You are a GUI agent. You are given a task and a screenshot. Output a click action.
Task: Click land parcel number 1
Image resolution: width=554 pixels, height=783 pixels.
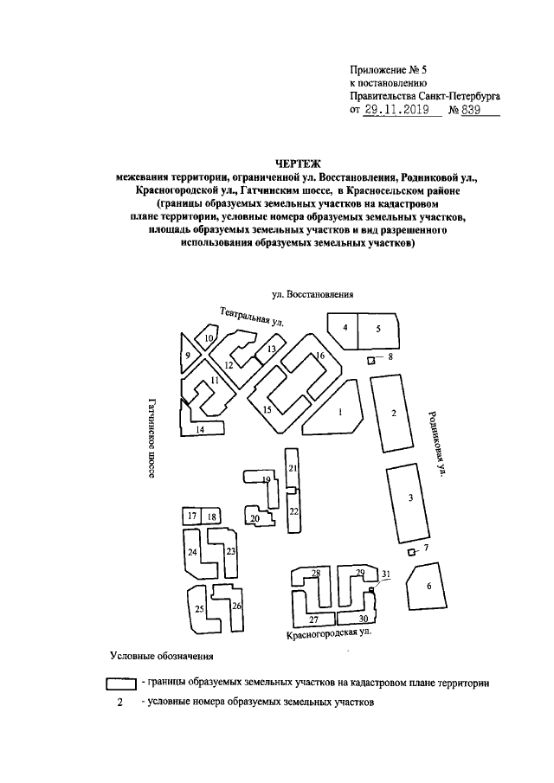pos(339,412)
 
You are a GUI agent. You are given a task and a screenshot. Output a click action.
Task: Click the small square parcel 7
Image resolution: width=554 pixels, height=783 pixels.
pos(410,551)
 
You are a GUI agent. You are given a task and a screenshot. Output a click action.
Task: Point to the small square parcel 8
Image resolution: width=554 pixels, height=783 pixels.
pos(372,360)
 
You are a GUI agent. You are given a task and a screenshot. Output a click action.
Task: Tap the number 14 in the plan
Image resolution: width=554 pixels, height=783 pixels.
pos(199,429)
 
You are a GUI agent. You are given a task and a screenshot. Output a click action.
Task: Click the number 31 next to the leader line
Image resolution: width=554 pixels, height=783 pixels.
pos(386,574)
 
